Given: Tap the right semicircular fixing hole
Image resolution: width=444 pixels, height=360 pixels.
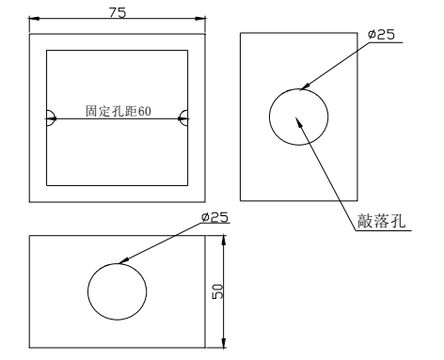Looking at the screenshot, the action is pos(184,118).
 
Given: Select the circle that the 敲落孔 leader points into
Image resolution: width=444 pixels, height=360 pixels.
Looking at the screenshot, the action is pos(299,117).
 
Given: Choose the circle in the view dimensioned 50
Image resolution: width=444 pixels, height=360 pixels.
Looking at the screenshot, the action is pos(118,291).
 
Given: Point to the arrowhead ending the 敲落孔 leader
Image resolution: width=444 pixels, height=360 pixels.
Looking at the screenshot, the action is pos(300,120).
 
